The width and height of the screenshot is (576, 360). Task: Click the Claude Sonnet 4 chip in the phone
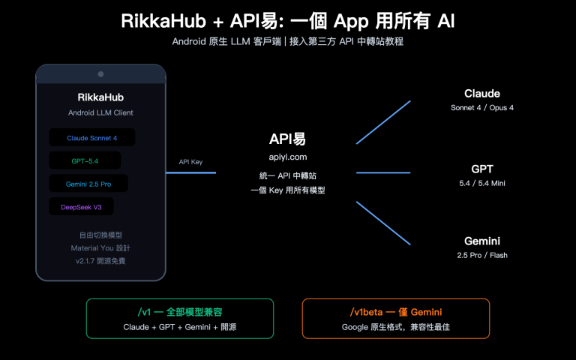point(92,138)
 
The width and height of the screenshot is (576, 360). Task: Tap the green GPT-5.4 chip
point(85,160)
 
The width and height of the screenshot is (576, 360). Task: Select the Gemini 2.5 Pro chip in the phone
point(88,184)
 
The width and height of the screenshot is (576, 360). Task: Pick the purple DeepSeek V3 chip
point(82,206)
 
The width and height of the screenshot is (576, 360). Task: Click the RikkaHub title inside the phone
point(100,97)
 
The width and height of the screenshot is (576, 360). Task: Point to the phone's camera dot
point(100,73)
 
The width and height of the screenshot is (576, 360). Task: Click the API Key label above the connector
point(190,161)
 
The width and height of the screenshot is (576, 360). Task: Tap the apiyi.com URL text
point(288,157)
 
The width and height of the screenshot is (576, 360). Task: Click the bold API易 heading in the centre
point(288,139)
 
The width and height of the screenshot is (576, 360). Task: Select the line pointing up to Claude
point(383,121)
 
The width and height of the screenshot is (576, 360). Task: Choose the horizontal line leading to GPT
point(383,173)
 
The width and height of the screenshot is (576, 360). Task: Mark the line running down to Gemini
point(383,223)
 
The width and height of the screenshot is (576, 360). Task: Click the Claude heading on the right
point(482,94)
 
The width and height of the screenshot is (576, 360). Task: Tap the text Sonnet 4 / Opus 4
point(482,108)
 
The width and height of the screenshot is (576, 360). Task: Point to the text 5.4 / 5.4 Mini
point(482,183)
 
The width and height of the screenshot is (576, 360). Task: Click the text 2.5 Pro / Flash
point(482,256)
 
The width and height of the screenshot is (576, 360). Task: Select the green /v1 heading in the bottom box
point(179,312)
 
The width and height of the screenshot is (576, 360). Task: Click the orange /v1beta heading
point(395,312)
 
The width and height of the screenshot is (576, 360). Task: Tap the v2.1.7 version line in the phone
point(100,260)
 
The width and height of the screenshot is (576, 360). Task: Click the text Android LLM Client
point(100,113)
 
